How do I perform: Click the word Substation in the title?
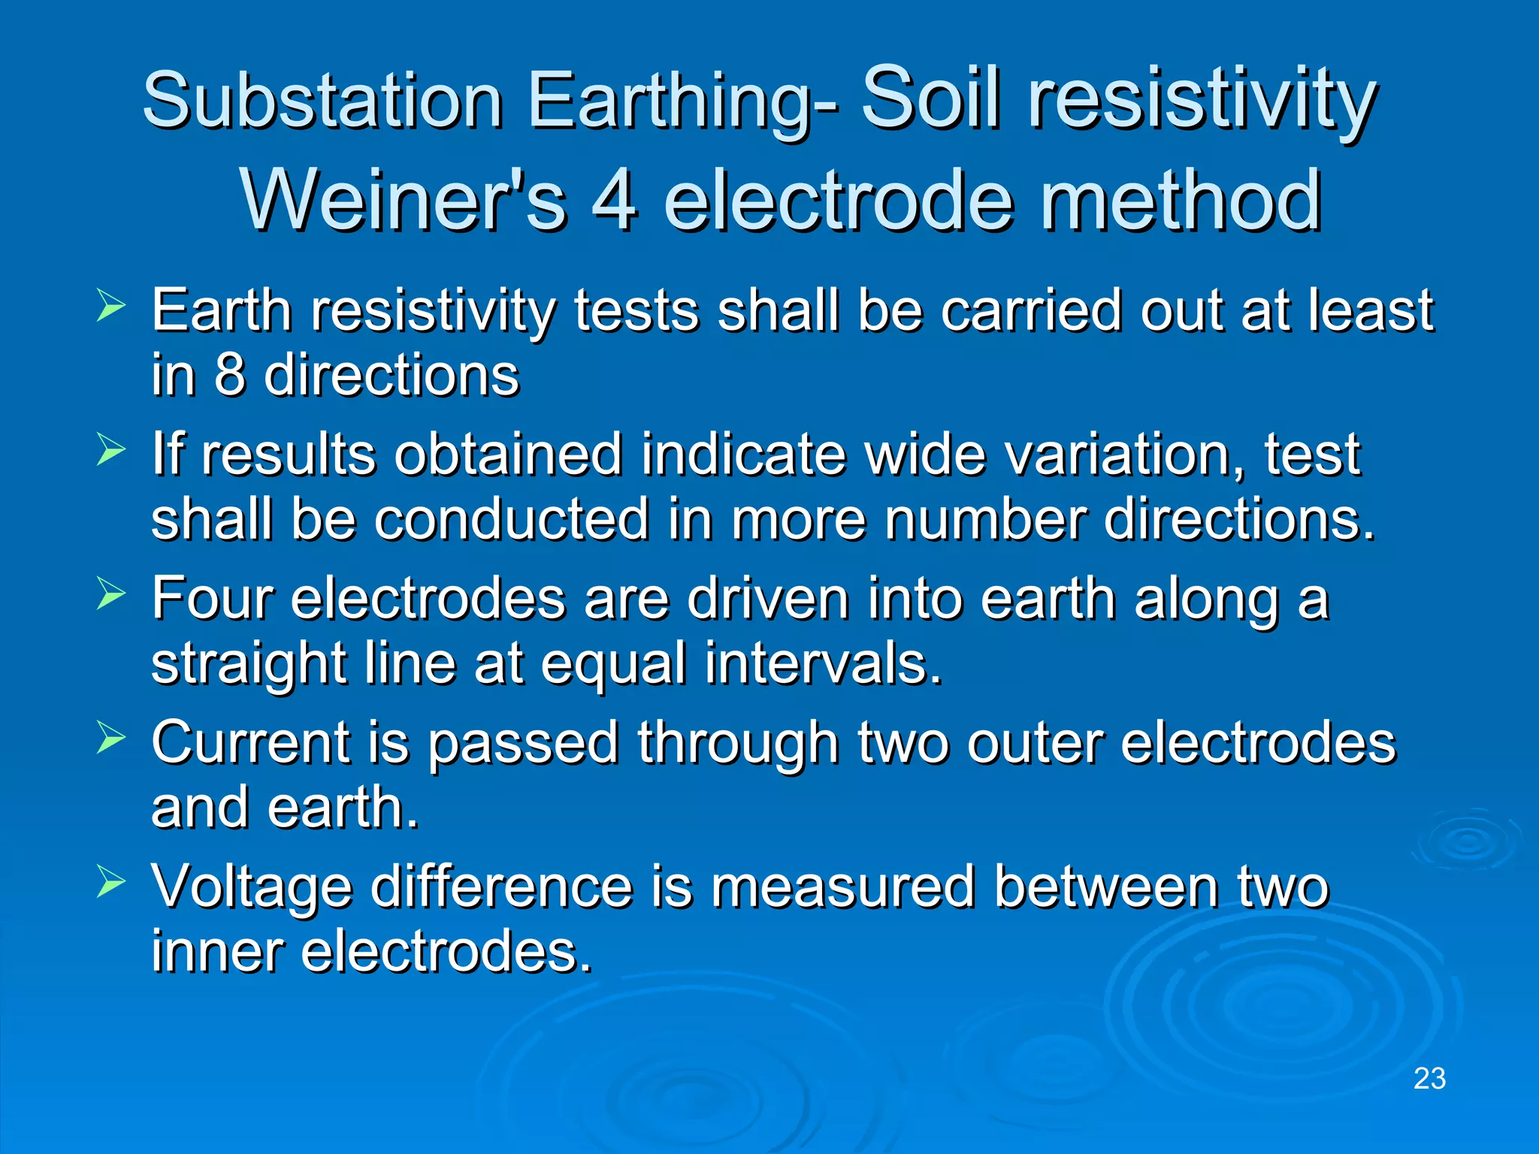[x=322, y=101]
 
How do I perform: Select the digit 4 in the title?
[x=614, y=201]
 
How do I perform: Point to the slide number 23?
[x=1429, y=1079]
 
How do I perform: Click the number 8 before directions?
[x=229, y=374]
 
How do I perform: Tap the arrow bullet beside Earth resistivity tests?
[x=111, y=307]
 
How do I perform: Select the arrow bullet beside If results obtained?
[x=111, y=451]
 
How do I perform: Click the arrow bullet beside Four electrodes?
[x=111, y=595]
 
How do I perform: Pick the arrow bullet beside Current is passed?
[x=111, y=739]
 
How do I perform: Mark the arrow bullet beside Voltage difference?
[x=111, y=883]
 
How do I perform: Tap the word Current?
[x=250, y=743]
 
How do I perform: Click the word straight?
[x=249, y=665]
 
